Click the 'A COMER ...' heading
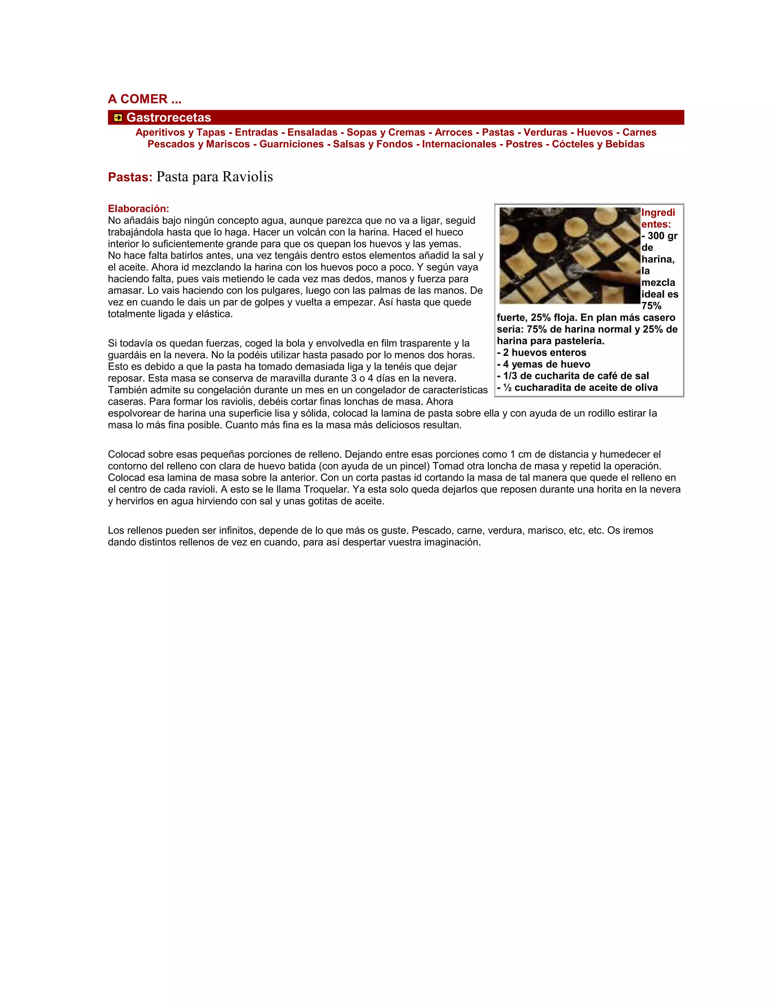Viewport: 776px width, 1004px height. [x=144, y=99]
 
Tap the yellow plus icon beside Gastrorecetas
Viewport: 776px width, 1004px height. [x=118, y=118]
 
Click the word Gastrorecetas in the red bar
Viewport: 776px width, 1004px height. [x=169, y=118]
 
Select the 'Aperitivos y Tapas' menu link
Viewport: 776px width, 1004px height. [x=180, y=132]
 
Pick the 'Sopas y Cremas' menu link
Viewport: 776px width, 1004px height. [x=386, y=132]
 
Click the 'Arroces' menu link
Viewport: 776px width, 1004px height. [x=453, y=132]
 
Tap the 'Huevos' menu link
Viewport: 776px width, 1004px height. [x=595, y=132]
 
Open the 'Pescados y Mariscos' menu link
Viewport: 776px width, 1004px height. [x=199, y=144]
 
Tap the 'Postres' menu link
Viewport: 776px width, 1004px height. [x=524, y=144]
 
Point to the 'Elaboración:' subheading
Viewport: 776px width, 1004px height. [x=138, y=209]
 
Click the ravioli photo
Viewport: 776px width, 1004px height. [x=569, y=256]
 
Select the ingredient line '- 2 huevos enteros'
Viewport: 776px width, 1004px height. [x=541, y=353]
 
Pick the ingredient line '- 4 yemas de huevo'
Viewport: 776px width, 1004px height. [x=543, y=364]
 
